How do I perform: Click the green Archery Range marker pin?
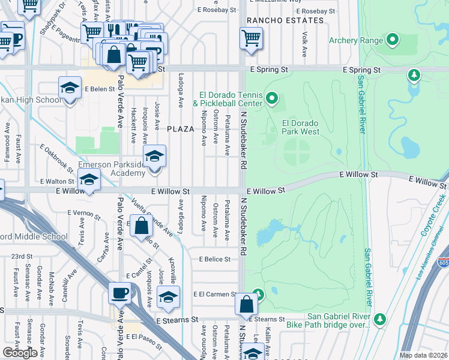point(393,41)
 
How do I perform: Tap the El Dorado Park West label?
point(300,127)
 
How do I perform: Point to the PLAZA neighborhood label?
point(181,129)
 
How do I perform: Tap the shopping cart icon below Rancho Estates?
point(251,38)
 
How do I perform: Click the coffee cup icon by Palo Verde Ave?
point(119,293)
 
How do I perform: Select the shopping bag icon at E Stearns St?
point(246,304)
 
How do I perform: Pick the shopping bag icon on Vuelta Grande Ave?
point(141,226)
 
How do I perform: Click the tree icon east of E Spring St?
point(414,76)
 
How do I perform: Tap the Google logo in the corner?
point(20,352)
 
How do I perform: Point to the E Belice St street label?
point(215,259)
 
